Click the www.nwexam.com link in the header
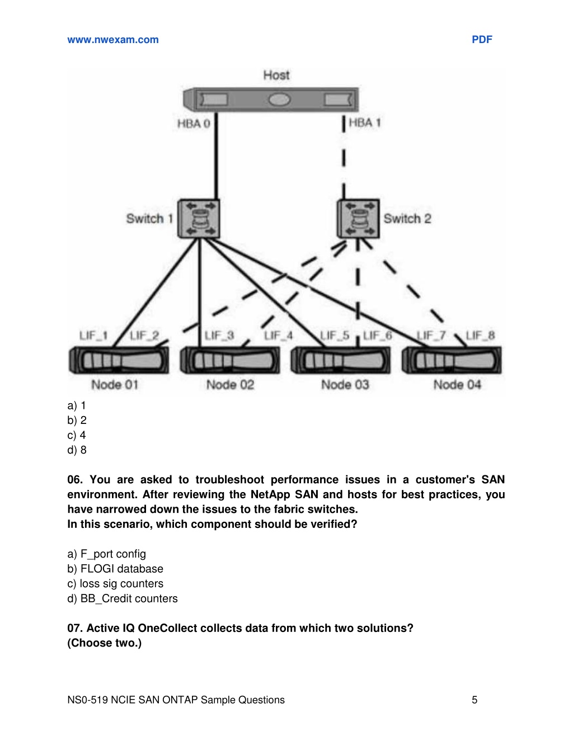(113, 40)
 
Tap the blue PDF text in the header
(482, 40)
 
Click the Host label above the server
(276, 75)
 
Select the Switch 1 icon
(199, 219)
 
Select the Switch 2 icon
(358, 219)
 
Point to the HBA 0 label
(194, 124)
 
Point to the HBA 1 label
(365, 122)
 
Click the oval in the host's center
(279, 100)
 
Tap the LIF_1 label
(93, 336)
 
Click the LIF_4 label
(278, 336)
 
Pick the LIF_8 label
(480, 335)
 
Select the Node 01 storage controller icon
(119, 360)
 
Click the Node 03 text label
(345, 385)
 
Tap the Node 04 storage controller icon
(452, 360)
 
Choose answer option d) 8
(77, 450)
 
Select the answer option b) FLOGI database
(115, 568)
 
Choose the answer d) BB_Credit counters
(123, 598)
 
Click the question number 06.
(75, 479)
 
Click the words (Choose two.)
(105, 643)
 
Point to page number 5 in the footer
(475, 700)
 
